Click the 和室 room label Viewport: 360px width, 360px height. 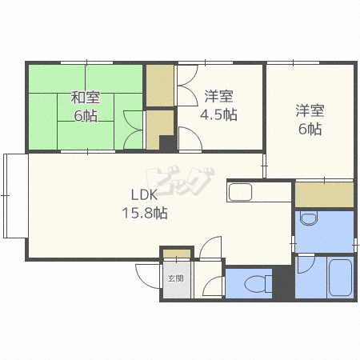[86, 98]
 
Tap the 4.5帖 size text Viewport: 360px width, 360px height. [218, 114]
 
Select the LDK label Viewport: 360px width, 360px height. [145, 195]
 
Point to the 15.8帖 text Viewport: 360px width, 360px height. [145, 213]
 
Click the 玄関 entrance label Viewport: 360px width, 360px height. [176, 278]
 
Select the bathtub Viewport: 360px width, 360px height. [341, 278]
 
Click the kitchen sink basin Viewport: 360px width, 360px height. [240, 192]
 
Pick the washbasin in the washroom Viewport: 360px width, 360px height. [309, 218]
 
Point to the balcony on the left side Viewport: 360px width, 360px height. [16, 196]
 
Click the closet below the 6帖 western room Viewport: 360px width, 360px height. [324, 194]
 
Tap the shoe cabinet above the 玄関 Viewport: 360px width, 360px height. [177, 254]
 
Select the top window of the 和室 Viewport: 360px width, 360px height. [86, 63]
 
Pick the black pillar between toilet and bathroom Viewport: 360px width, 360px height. [283, 282]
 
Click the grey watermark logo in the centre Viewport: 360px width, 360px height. [180, 181]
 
